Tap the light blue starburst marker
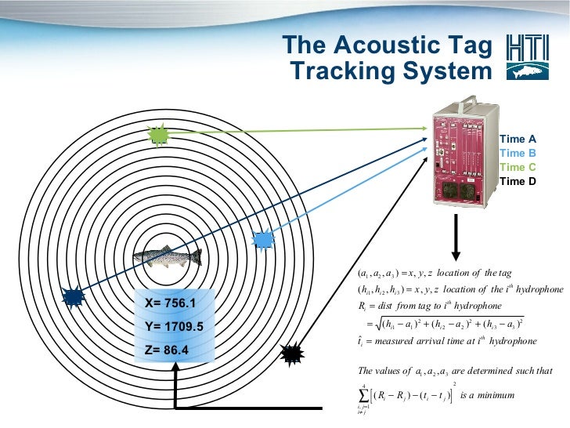pos(264,239)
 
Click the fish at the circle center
pos(167,258)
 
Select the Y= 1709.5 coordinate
pos(173,326)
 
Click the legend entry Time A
pos(518,139)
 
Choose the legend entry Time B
pos(518,153)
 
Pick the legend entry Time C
pos(518,167)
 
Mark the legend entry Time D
pos(518,181)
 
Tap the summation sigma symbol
pos(363,395)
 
